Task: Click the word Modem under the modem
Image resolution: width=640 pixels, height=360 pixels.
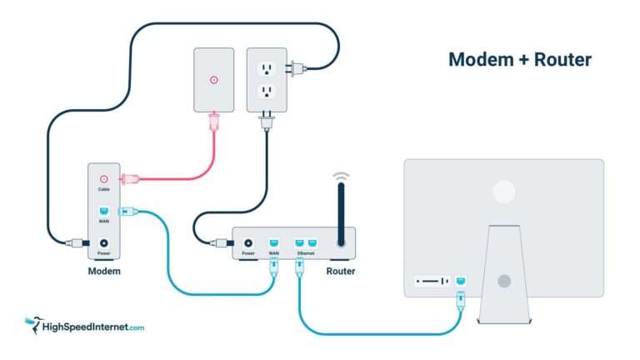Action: [105, 272]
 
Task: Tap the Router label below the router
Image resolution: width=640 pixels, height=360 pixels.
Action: [341, 272]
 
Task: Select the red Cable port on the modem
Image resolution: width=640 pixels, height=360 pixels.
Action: [104, 178]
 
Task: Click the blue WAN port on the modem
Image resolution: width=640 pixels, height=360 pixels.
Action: [104, 211]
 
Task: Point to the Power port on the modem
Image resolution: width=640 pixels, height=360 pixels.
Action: [104, 242]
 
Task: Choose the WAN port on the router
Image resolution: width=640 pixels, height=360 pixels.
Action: [273, 242]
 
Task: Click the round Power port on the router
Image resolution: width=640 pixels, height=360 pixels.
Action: [247, 242]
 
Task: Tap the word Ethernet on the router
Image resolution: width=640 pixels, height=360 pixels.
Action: [306, 252]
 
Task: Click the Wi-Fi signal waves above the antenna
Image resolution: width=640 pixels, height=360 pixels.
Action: [340, 177]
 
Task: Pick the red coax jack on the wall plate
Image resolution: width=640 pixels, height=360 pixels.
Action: [214, 80]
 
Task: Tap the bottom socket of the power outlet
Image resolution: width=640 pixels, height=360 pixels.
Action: [266, 91]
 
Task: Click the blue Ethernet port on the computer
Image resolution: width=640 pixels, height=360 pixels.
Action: [461, 281]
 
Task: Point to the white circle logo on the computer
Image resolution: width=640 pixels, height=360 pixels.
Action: [503, 192]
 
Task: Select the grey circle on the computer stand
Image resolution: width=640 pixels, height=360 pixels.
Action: [503, 282]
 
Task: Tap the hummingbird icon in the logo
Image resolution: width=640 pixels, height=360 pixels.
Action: [33, 322]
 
